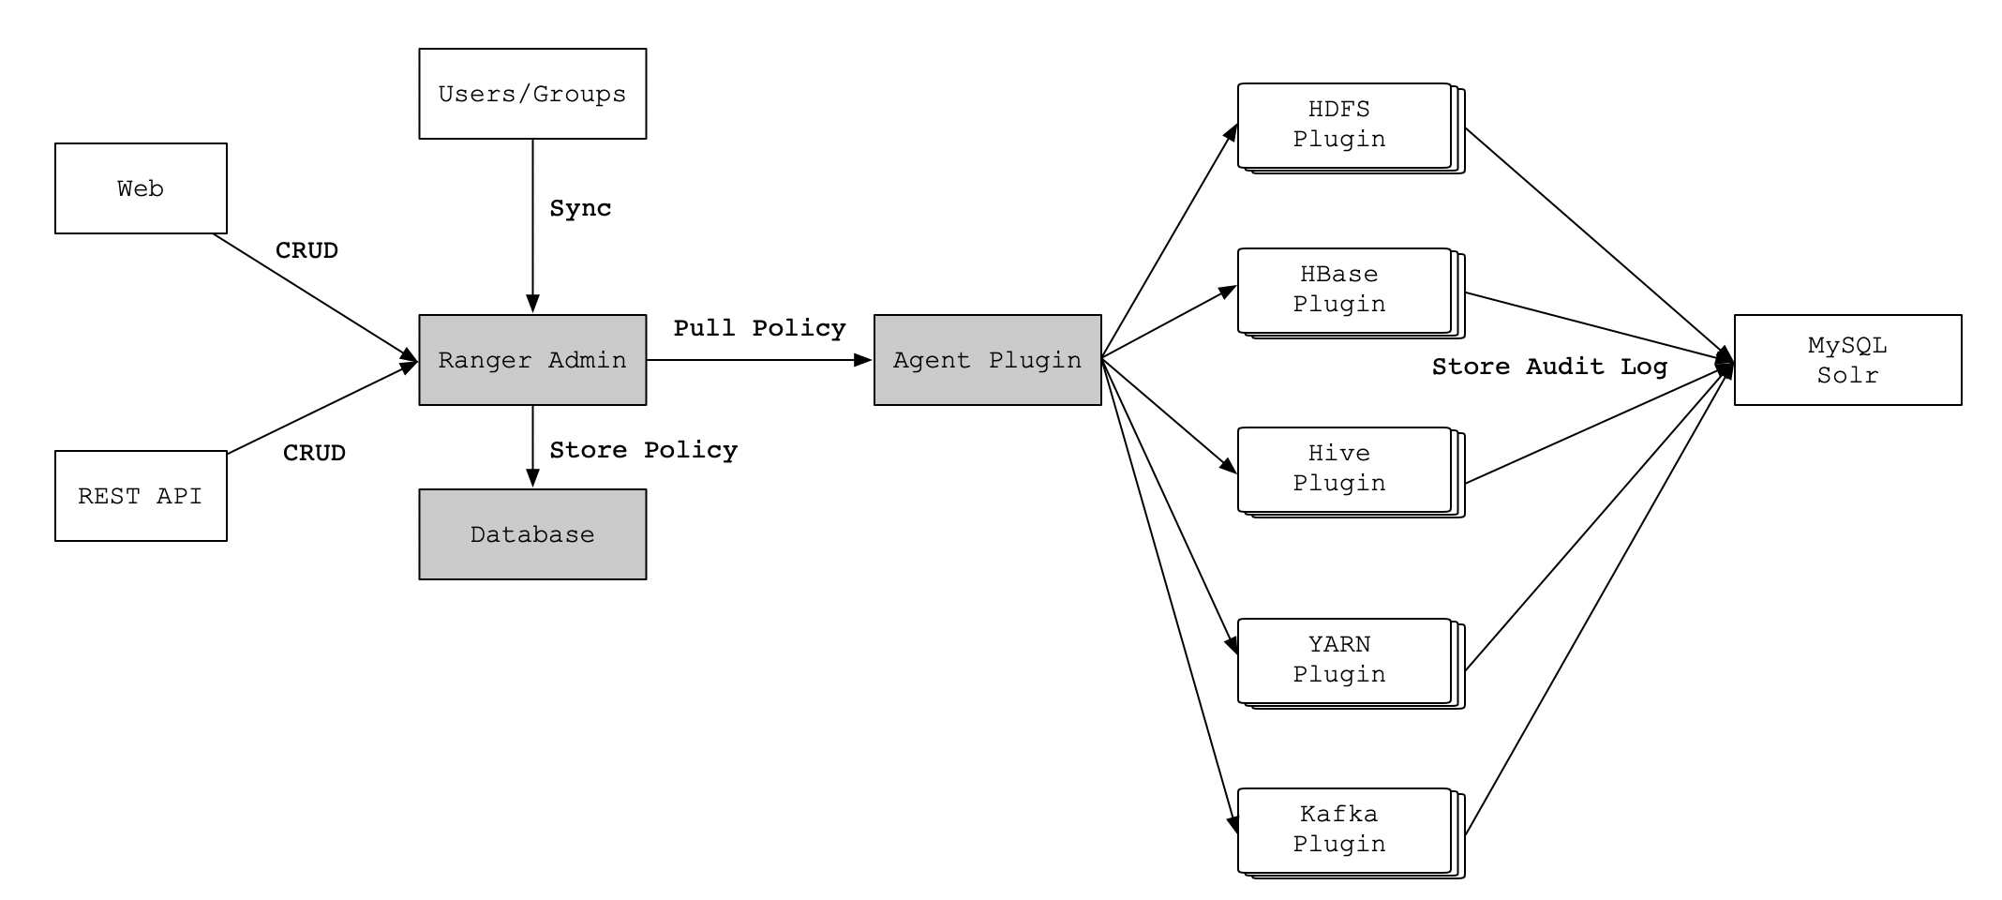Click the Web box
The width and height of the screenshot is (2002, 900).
click(x=141, y=188)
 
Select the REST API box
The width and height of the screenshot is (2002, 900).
click(x=141, y=496)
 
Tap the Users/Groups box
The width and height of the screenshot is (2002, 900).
click(x=532, y=94)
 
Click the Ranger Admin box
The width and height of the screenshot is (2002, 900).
click(x=532, y=360)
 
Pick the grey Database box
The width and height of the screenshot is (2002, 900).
click(x=532, y=534)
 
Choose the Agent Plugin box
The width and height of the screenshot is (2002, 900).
click(x=987, y=360)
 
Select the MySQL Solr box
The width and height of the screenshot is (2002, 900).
click(x=1847, y=360)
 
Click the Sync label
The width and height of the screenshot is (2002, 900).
click(x=580, y=208)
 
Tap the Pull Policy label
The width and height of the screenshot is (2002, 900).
click(x=759, y=328)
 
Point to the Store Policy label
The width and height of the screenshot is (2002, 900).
click(x=643, y=450)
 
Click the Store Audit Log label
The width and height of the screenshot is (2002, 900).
click(x=1549, y=367)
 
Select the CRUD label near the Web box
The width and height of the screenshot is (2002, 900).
click(x=306, y=250)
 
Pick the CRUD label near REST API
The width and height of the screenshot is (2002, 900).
click(x=314, y=453)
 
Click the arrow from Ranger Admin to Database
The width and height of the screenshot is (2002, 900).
click(x=532, y=446)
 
